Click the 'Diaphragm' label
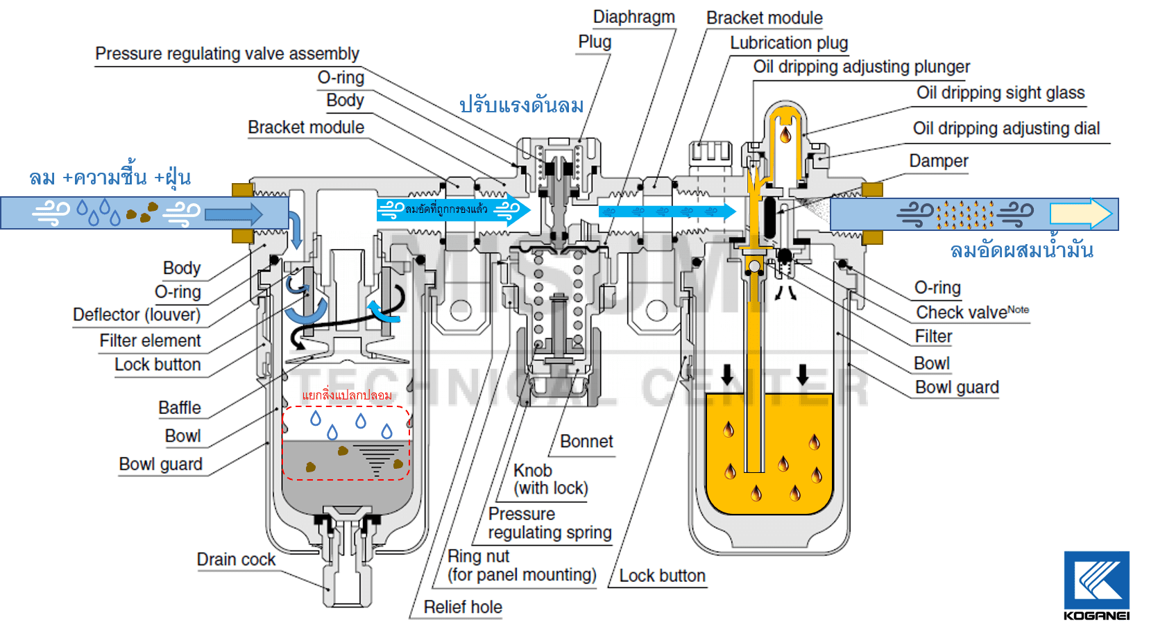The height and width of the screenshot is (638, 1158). tap(633, 17)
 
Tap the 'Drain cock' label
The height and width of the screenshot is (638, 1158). tap(236, 560)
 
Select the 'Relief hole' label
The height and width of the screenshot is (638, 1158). tap(463, 607)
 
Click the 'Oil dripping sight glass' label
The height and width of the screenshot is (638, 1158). tap(1000, 93)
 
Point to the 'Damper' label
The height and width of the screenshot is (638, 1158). tap(938, 161)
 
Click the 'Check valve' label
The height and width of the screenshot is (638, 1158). tap(971, 312)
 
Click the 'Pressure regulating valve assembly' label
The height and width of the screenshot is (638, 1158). tap(227, 54)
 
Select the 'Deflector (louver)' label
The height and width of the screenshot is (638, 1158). tap(137, 315)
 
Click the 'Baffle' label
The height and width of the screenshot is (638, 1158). tap(179, 408)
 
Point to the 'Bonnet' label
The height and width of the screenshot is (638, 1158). tap(586, 442)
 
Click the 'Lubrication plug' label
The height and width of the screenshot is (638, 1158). tap(789, 43)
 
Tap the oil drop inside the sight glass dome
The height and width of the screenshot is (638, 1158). tap(785, 133)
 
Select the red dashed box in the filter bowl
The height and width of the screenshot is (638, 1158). tap(346, 442)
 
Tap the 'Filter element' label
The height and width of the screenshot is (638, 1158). tap(150, 341)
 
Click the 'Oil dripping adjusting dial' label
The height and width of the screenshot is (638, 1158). tap(1006, 128)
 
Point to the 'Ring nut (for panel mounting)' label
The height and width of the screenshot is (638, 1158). tap(522, 566)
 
